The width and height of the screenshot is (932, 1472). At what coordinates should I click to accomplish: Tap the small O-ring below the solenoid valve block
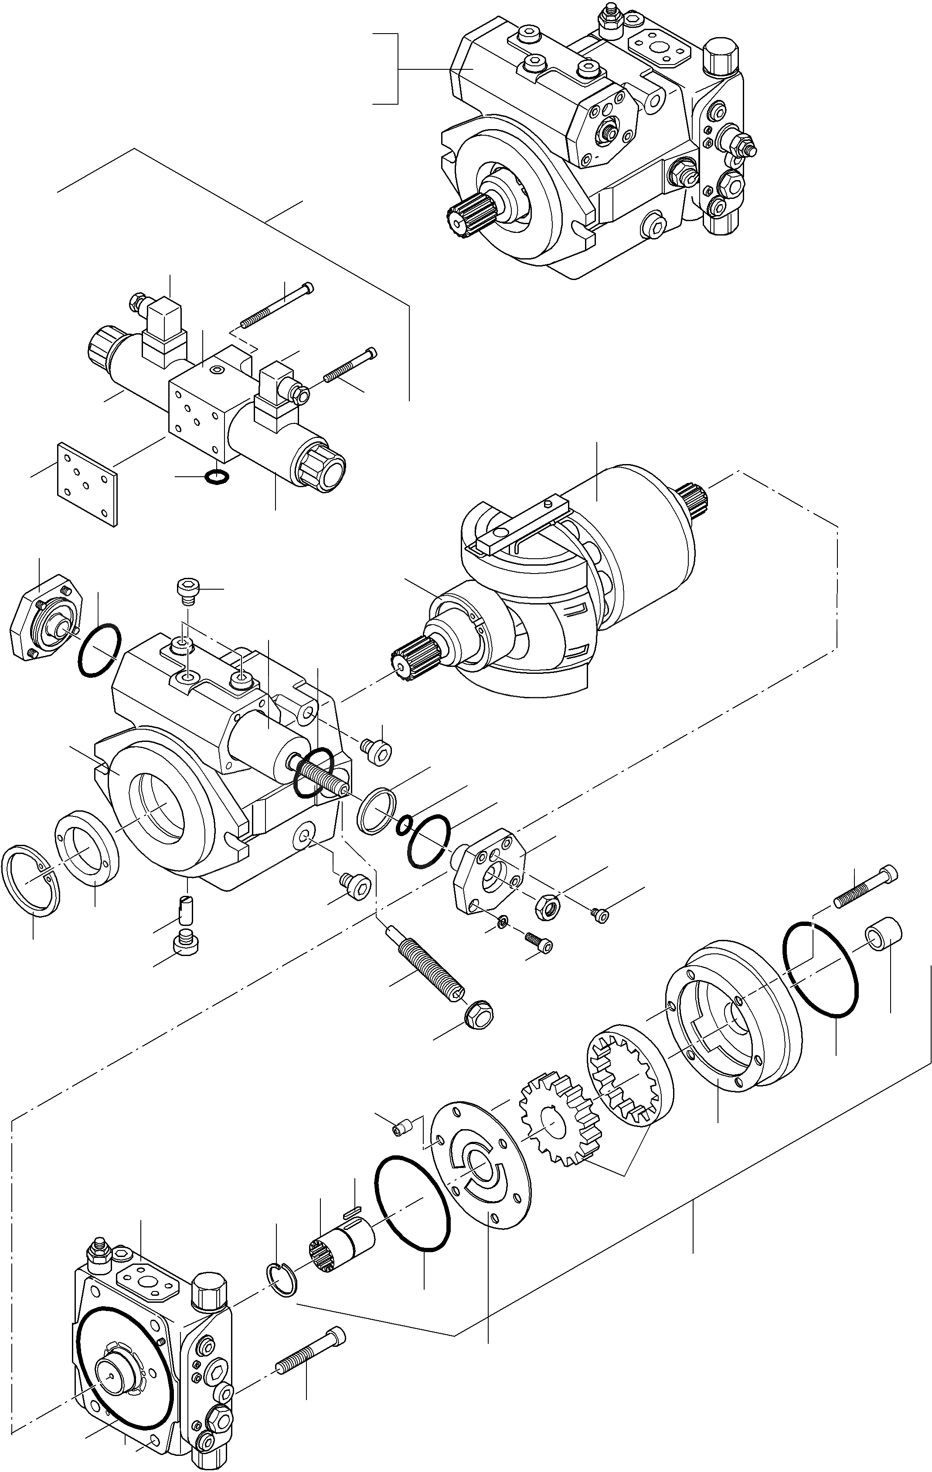tap(218, 476)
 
